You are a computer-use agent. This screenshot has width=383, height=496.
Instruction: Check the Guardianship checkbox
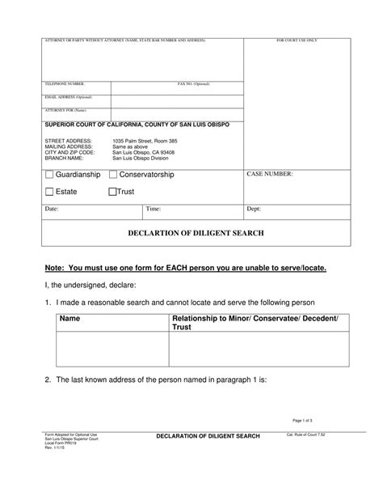(49, 175)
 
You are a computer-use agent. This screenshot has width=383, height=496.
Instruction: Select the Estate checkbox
(49, 192)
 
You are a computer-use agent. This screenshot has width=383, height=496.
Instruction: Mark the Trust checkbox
(112, 192)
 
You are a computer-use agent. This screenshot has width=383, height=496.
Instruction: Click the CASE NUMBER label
(269, 174)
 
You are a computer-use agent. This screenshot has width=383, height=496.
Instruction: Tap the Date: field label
(52, 209)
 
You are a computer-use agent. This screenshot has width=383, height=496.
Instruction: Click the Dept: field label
(254, 209)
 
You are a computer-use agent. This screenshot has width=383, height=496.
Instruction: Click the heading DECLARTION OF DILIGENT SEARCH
(196, 233)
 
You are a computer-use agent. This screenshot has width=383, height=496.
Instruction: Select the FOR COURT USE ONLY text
(297, 40)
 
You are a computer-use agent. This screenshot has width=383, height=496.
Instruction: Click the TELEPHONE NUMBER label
(65, 83)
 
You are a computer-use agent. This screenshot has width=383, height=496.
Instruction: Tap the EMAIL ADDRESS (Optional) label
(69, 96)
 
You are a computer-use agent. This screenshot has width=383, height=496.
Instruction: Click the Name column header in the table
(70, 320)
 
